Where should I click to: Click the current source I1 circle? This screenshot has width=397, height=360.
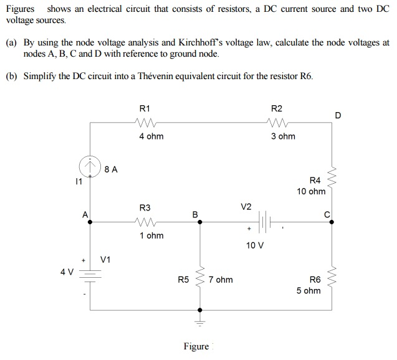click(90, 166)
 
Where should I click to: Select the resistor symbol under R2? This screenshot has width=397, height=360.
click(275, 122)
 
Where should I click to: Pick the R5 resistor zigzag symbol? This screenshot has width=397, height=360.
click(200, 280)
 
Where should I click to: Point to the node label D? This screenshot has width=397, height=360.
click(338, 115)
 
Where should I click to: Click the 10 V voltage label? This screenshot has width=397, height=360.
click(255, 245)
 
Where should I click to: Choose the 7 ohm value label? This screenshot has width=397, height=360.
click(221, 280)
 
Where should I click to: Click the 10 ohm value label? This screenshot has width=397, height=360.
click(311, 191)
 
